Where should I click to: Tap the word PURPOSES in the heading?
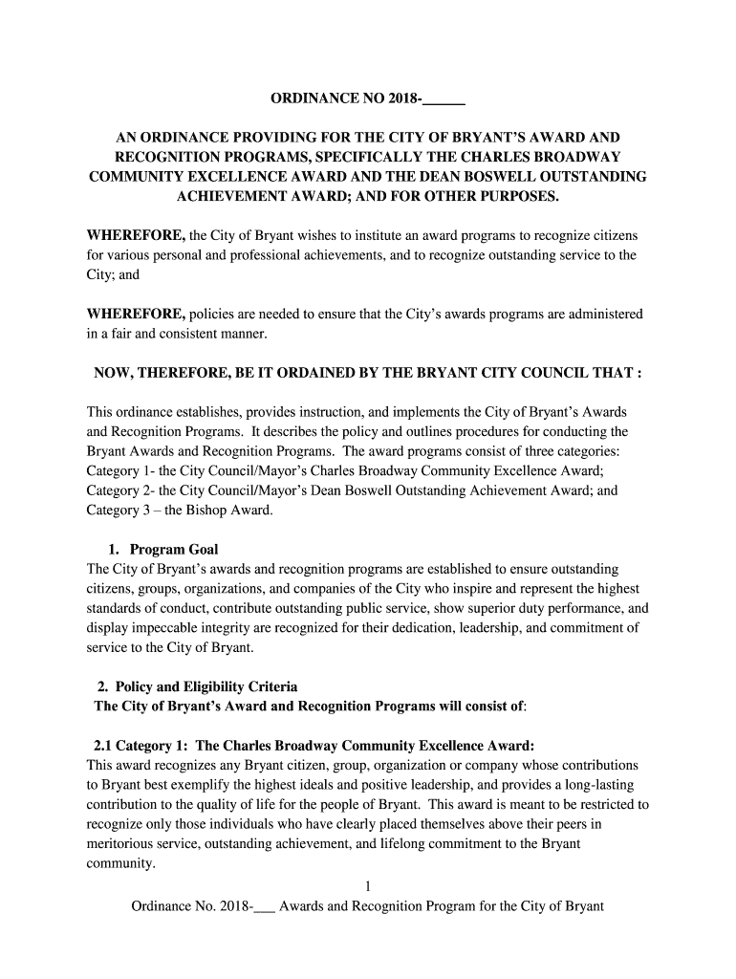[x=509, y=197]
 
